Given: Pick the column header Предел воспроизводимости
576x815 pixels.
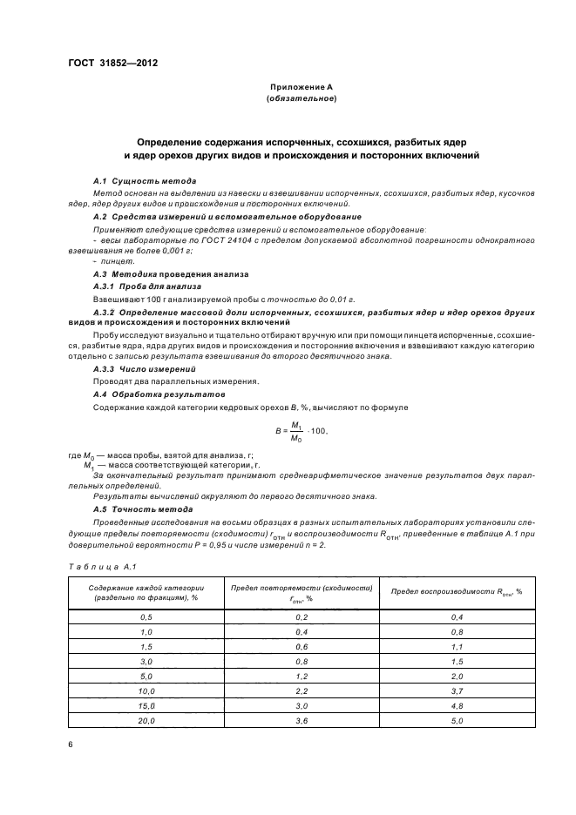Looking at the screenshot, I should (x=456, y=591).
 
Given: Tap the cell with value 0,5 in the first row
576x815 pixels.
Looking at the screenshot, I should (x=146, y=616).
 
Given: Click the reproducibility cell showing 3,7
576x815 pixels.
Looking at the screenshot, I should (x=457, y=690).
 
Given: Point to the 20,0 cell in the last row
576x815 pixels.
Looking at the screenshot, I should (x=146, y=721).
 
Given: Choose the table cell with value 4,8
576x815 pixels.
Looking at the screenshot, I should (x=457, y=706).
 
